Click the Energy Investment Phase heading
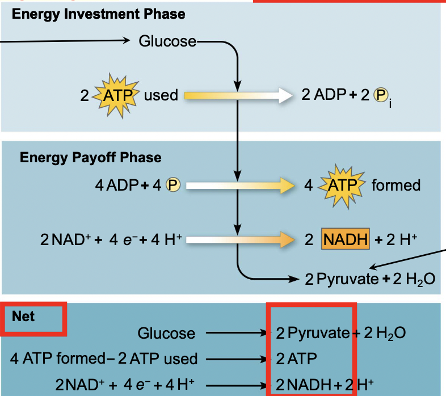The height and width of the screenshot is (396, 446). [98, 14]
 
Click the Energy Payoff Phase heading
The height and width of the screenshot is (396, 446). [91, 157]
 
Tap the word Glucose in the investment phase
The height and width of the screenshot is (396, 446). [168, 41]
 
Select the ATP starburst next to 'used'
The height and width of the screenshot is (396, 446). [116, 95]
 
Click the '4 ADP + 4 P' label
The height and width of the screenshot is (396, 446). [137, 185]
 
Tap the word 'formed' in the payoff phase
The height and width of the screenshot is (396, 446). [396, 185]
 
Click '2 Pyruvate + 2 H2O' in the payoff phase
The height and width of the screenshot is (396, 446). [370, 279]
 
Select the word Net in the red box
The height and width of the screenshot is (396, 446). [23, 316]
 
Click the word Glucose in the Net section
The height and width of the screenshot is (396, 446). [166, 334]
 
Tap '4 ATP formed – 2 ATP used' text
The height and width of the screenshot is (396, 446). [104, 359]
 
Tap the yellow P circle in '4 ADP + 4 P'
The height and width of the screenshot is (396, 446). [172, 185]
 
